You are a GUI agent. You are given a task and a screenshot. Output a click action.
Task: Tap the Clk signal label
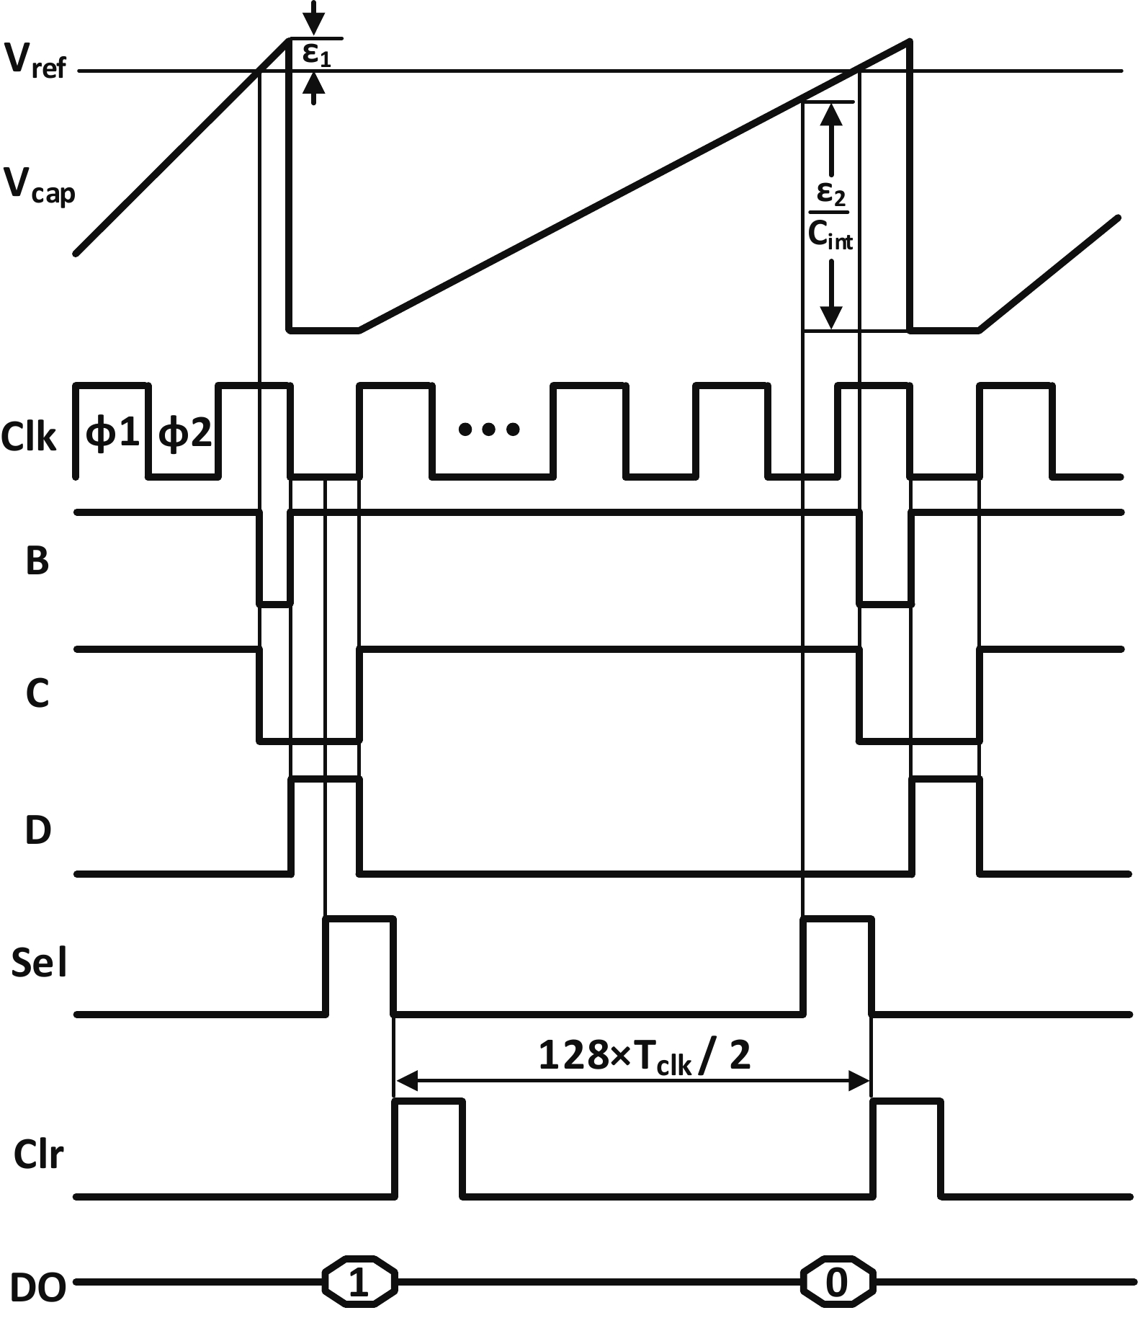(x=29, y=437)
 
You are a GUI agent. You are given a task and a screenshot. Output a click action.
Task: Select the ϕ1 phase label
(x=112, y=433)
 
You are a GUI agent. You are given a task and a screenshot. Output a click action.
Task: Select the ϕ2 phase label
(x=185, y=433)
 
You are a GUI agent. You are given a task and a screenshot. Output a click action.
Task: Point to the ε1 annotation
(x=316, y=54)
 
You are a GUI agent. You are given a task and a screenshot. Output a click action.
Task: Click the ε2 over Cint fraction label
(x=830, y=215)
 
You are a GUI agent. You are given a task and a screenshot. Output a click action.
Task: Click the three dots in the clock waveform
(x=489, y=430)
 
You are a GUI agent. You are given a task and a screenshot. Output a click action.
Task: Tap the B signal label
(x=37, y=561)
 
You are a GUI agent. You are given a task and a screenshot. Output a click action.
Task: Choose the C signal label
(x=37, y=693)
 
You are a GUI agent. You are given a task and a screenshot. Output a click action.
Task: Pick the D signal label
(x=38, y=830)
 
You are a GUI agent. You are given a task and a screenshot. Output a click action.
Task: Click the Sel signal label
(x=39, y=962)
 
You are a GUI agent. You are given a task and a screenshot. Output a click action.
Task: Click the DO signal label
(x=38, y=1287)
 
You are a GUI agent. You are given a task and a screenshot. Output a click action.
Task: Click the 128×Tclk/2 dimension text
(x=644, y=1056)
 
